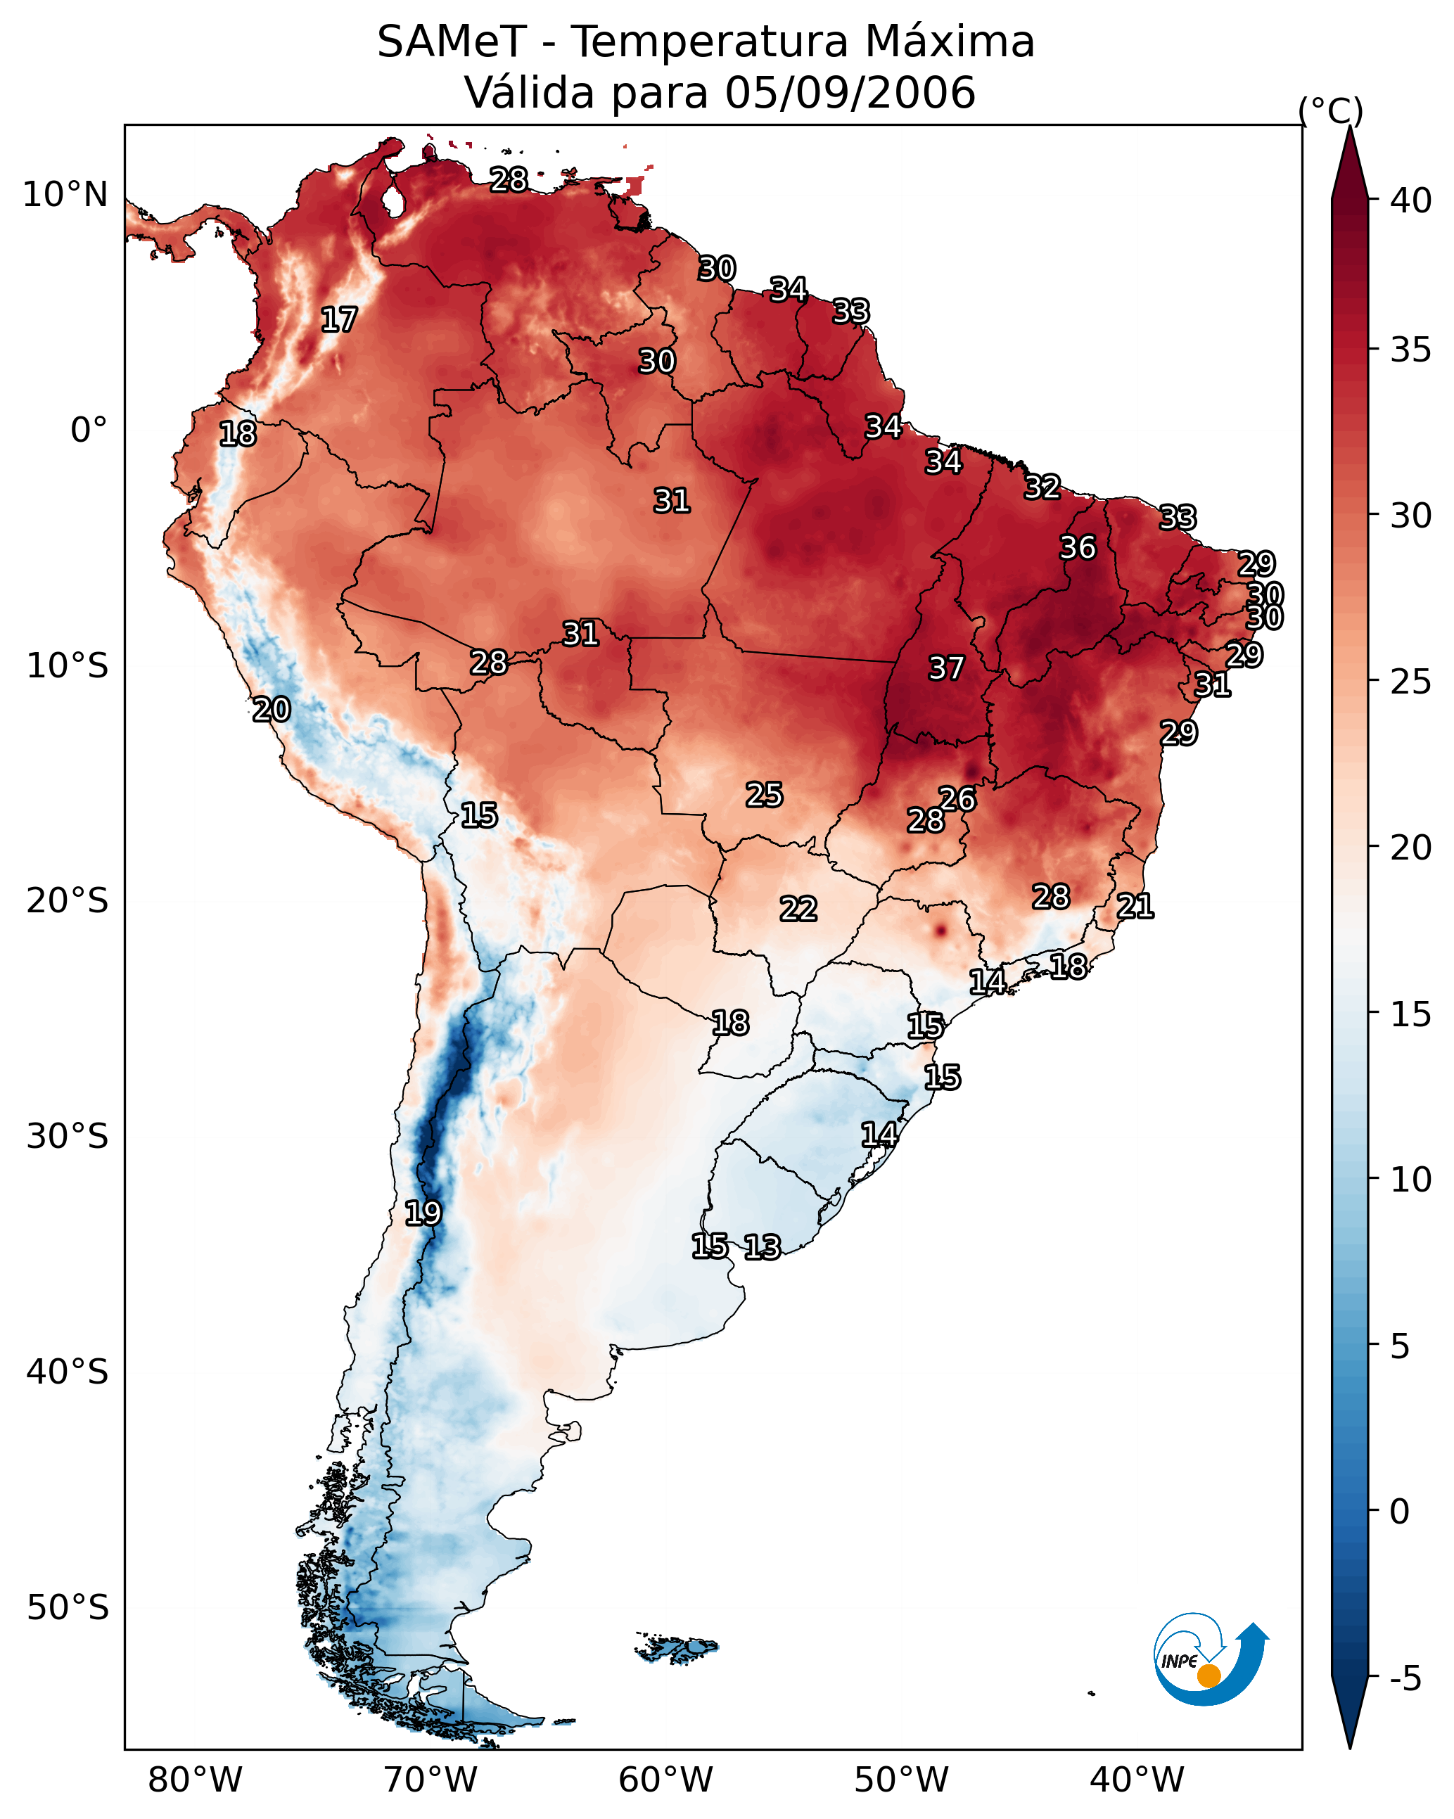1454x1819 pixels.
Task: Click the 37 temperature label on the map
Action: pos(946,668)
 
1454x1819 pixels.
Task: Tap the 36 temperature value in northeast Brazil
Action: pos(1078,547)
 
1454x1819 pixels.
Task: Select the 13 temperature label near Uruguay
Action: pos(762,1247)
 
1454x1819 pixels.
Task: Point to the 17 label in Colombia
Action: pos(339,320)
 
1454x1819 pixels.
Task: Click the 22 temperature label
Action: pos(798,909)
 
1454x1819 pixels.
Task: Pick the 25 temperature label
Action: pos(765,795)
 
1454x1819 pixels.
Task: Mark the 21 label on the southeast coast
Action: pos(1135,906)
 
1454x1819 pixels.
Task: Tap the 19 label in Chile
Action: pos(423,1213)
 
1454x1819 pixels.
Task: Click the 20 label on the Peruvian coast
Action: pos(272,710)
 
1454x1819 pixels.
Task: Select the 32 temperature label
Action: pos(1042,487)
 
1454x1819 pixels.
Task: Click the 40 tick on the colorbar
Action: pos(1411,200)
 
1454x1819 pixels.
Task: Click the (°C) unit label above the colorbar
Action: pos(1331,110)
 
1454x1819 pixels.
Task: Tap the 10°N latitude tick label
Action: pos(65,195)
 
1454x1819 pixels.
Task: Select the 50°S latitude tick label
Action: pos(68,1608)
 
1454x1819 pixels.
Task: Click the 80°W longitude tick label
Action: pos(195,1780)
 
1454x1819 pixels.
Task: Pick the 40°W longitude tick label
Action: pos(1137,1780)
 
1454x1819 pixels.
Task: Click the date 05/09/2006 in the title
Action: pos(850,92)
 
